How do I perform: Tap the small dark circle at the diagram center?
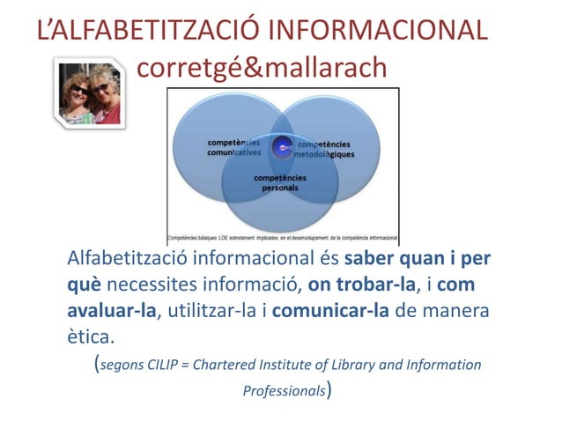282,148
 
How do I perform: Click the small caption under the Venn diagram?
283,238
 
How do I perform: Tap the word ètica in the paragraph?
91,338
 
